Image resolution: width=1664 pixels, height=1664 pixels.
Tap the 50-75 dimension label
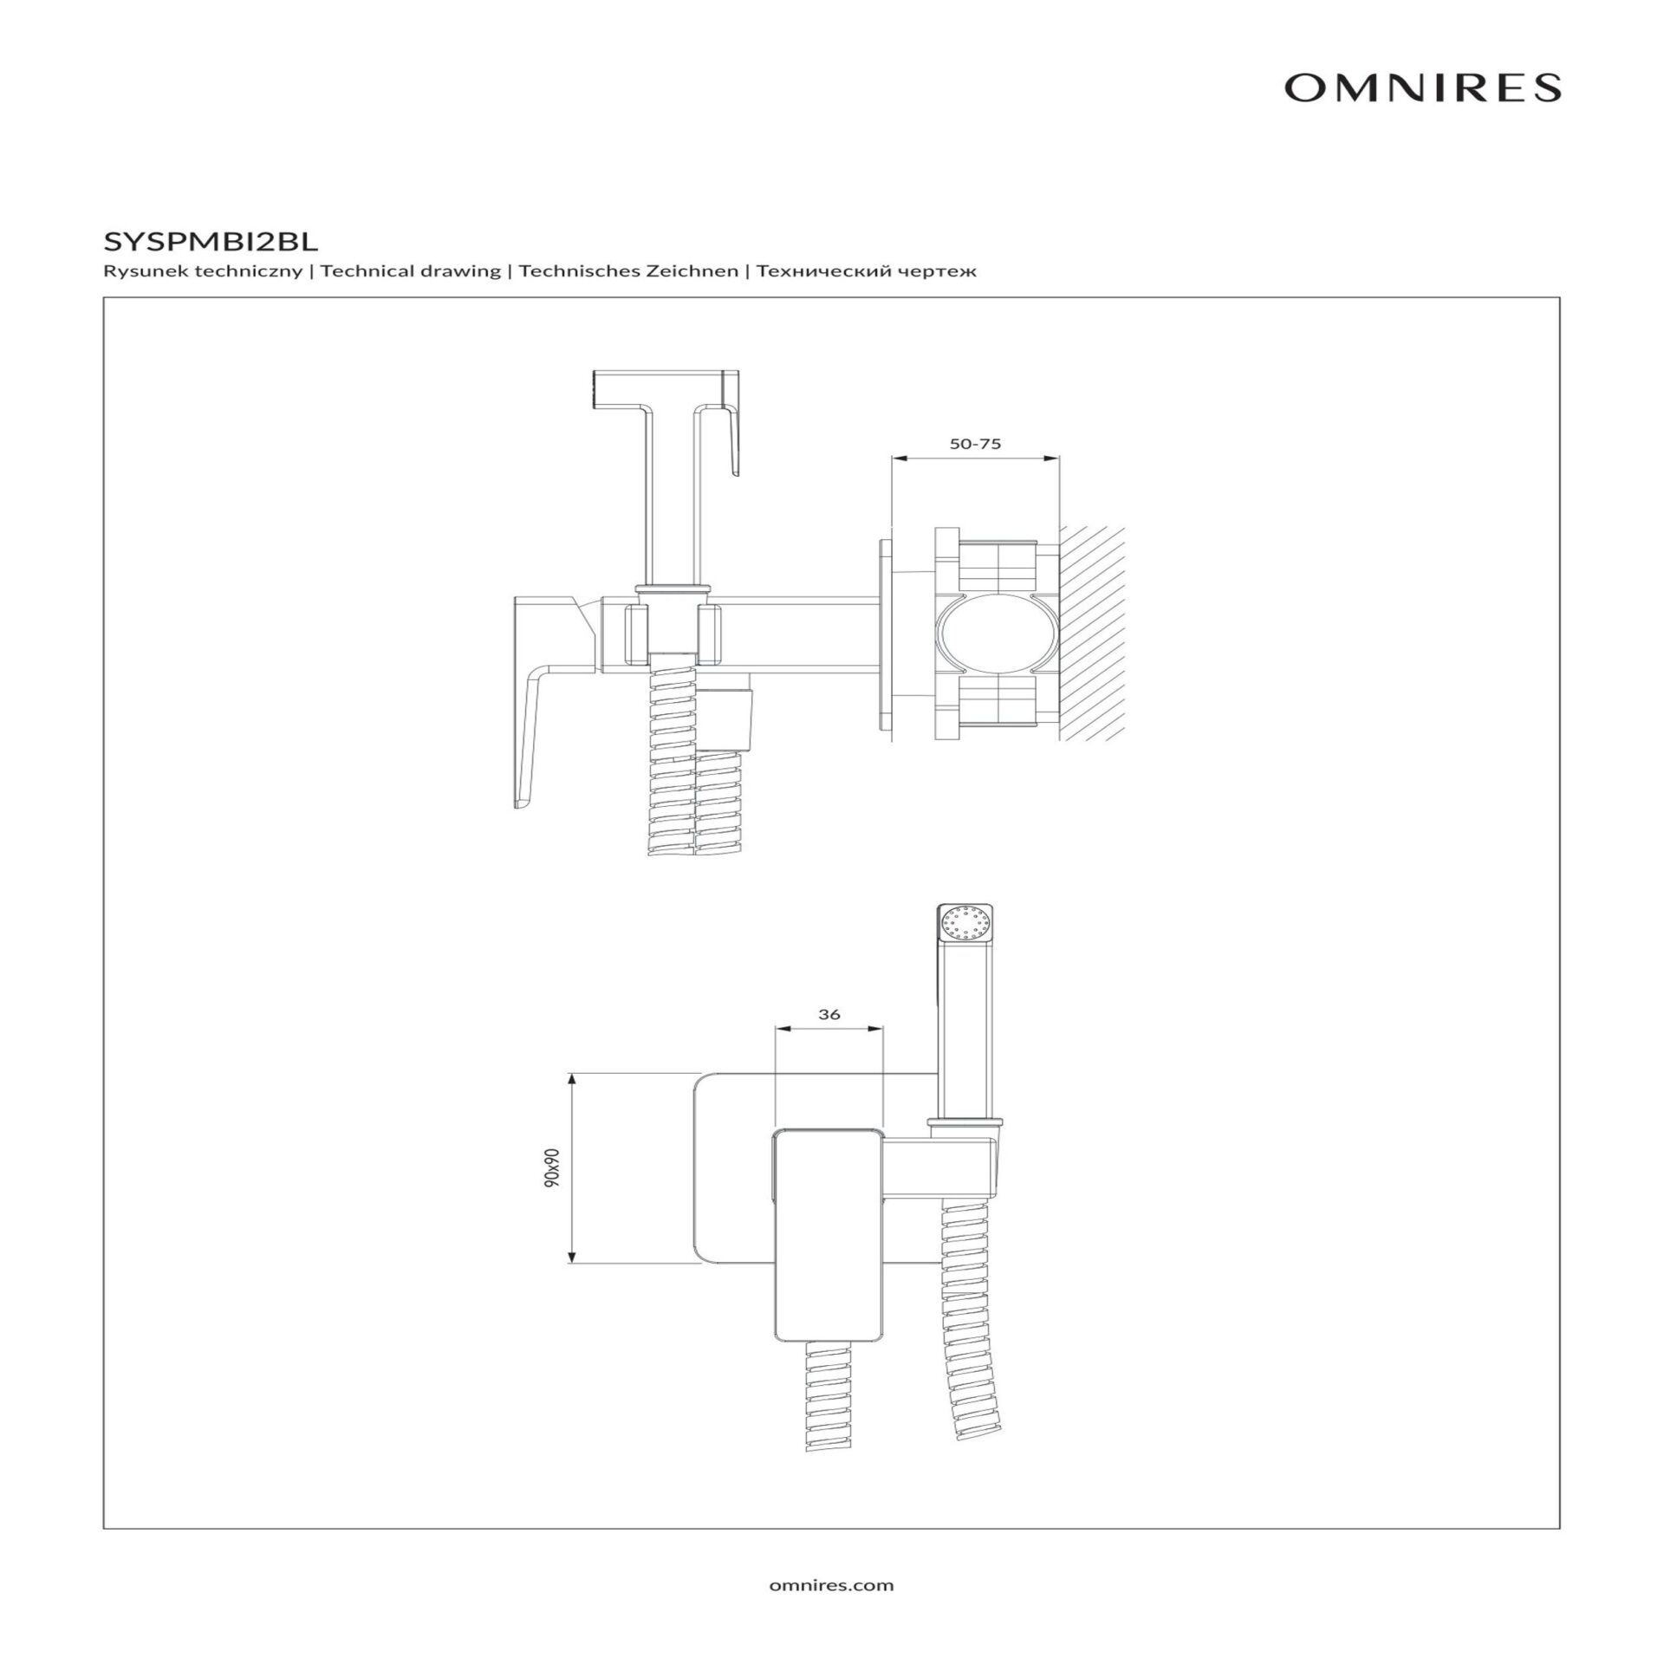click(x=975, y=444)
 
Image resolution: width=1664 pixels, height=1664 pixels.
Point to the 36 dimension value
click(x=829, y=1014)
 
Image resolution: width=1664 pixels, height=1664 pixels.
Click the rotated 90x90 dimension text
click(x=554, y=1167)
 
